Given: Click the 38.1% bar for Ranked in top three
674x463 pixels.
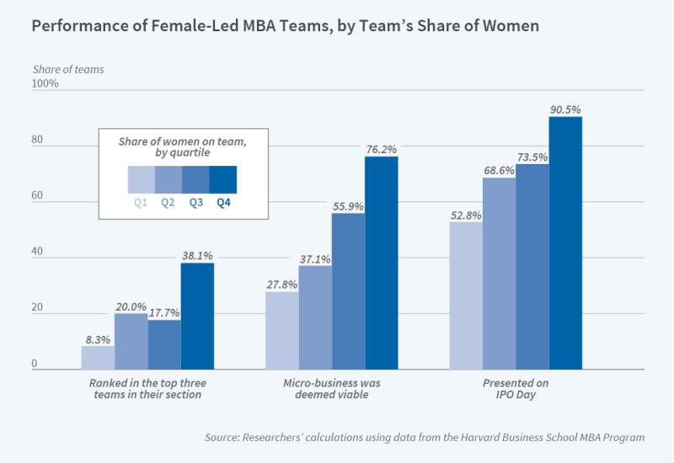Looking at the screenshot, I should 197,317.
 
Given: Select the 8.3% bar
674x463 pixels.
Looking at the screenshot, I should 98,358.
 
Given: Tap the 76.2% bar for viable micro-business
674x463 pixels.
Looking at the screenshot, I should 381,263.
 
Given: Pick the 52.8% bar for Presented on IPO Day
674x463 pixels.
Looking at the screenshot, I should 466,295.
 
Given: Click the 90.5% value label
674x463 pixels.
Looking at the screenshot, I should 565,109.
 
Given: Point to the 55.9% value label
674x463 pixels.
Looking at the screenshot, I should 348,206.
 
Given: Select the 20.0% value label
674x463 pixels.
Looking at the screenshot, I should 131,306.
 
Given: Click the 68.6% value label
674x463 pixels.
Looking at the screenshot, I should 499,171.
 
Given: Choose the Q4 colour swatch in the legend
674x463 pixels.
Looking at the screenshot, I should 222,180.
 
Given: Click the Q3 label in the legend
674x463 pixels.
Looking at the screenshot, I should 195,202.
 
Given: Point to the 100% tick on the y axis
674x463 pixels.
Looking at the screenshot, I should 45,84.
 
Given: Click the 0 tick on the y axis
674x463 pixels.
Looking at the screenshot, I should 35,364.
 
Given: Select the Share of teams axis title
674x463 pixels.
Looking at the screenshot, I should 68,69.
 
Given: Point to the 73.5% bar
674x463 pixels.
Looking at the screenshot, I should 532,267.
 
